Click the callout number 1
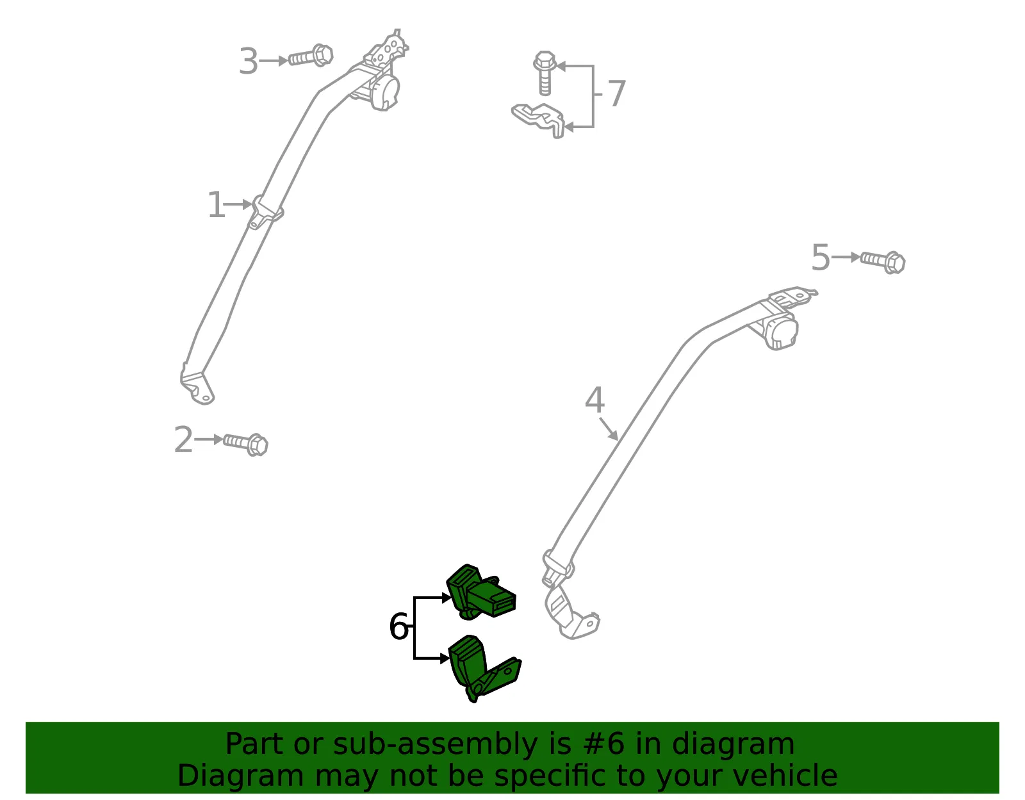(x=217, y=204)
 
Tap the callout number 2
(x=183, y=440)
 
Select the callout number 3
(x=249, y=61)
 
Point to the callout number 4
(x=594, y=400)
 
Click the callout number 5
(x=820, y=257)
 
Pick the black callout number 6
(x=398, y=626)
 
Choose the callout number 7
(x=616, y=94)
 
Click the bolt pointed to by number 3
(x=311, y=56)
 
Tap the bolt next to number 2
(x=246, y=444)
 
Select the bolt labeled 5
(x=883, y=262)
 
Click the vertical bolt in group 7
(x=545, y=73)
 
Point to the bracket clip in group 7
(x=539, y=120)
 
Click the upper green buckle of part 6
(x=481, y=591)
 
